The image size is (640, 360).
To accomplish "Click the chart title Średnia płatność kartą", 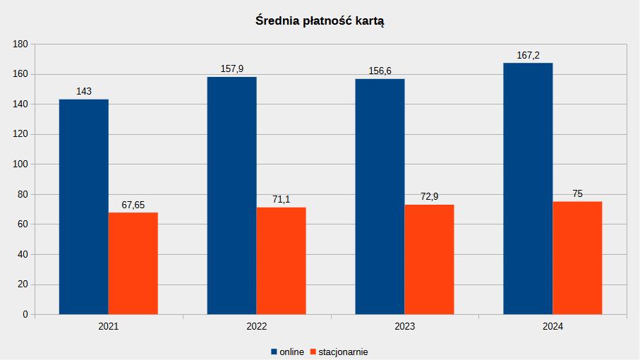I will pos(320,21).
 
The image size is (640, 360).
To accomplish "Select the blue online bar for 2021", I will pos(83,207).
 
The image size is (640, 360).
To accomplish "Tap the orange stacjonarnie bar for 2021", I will pos(133,263).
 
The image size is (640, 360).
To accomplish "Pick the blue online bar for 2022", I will pos(231,196).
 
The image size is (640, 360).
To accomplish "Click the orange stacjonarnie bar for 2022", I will pos(281,260).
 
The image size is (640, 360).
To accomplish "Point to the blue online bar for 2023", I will pos(380,196).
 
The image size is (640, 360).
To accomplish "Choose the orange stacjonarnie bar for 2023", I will pos(429,259).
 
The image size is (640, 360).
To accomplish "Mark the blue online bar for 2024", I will pos(528,188).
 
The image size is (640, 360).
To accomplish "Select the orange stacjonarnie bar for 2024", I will pos(577,258).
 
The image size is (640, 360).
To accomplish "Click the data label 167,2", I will pos(528,55).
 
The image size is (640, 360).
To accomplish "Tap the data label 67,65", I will pos(133,205).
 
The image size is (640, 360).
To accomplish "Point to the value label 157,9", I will pos(231,69).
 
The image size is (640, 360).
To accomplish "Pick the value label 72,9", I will pos(429,197).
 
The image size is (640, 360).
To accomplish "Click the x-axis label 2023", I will pos(405,327).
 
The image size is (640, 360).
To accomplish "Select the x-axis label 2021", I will pos(109,327).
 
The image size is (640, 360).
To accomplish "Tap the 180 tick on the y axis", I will pos(20,44).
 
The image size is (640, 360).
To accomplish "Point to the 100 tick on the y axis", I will pos(20,164).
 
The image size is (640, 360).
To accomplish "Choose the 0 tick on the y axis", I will pos(25,314).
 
